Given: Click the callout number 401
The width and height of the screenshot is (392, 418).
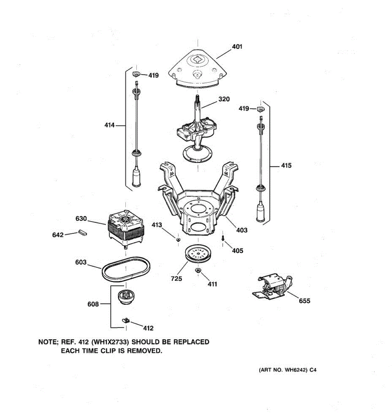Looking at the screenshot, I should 237,47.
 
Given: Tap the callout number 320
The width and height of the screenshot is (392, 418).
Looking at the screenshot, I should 224,99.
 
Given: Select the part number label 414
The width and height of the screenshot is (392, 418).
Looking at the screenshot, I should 109,125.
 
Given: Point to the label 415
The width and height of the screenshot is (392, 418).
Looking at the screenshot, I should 286,165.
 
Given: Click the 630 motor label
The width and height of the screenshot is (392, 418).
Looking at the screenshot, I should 81,219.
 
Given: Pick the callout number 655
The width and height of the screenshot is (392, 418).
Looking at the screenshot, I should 304,301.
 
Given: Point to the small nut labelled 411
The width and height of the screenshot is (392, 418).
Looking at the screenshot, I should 198,271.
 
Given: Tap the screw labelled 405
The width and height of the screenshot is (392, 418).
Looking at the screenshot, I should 222,238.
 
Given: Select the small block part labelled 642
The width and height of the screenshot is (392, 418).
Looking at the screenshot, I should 82,232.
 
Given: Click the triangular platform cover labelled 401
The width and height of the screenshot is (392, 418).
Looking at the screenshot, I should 197,68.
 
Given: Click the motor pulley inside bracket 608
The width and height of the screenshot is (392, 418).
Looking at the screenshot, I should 125,297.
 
